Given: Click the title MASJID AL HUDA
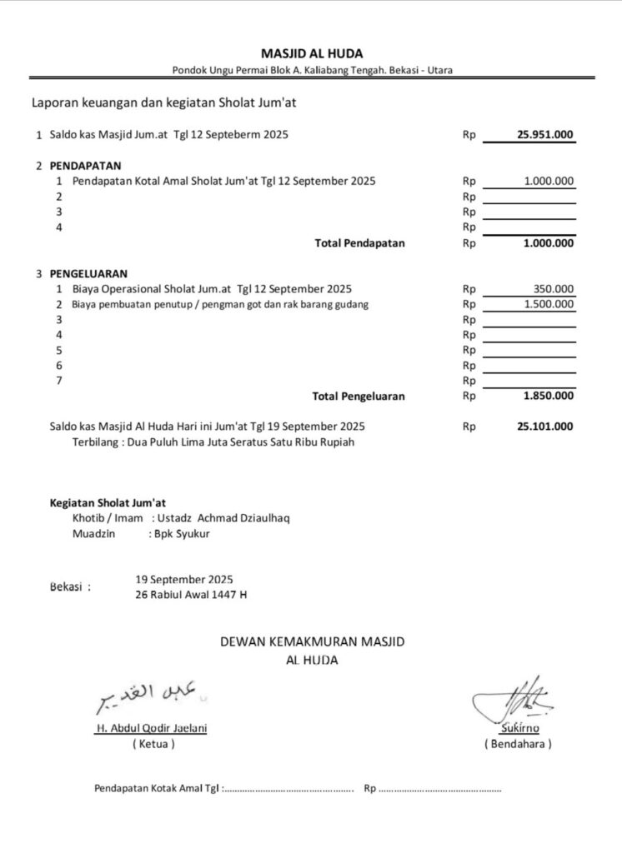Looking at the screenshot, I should (x=312, y=54).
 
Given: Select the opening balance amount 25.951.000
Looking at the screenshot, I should (x=544, y=134).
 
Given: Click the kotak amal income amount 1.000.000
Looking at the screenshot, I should (x=549, y=181).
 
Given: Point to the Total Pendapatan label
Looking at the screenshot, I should (x=359, y=243).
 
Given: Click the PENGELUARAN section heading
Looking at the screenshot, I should (x=89, y=273).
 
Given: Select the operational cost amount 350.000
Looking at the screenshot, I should (x=553, y=289).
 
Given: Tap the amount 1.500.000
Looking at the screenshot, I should (x=549, y=304).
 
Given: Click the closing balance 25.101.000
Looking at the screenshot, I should (x=544, y=426).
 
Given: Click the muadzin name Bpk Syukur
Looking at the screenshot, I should (x=181, y=533).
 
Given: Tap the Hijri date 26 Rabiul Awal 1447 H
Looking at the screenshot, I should (x=191, y=595).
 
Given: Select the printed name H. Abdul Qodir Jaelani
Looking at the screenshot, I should (x=151, y=728).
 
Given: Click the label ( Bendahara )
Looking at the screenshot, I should (x=518, y=743).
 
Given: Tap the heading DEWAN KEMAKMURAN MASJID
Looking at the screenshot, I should (x=312, y=642).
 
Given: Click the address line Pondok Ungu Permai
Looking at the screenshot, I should (x=312, y=70).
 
